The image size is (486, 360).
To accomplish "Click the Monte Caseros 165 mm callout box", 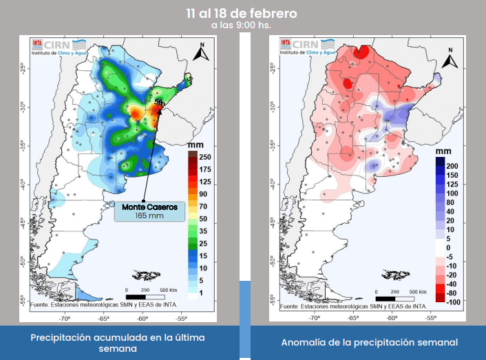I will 149,211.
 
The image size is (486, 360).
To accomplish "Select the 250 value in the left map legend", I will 204,157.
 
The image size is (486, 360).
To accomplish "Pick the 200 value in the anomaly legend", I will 452,167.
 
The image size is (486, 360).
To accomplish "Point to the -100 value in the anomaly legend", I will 452,301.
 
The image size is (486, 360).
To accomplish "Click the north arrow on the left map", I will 201,53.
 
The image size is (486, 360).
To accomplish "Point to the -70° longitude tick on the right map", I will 314,319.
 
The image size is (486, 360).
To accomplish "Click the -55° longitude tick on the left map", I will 182,319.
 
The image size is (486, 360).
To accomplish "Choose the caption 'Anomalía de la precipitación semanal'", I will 370,342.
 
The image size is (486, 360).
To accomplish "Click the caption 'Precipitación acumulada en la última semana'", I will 118,343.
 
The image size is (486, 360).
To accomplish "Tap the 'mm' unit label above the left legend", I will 195,145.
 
